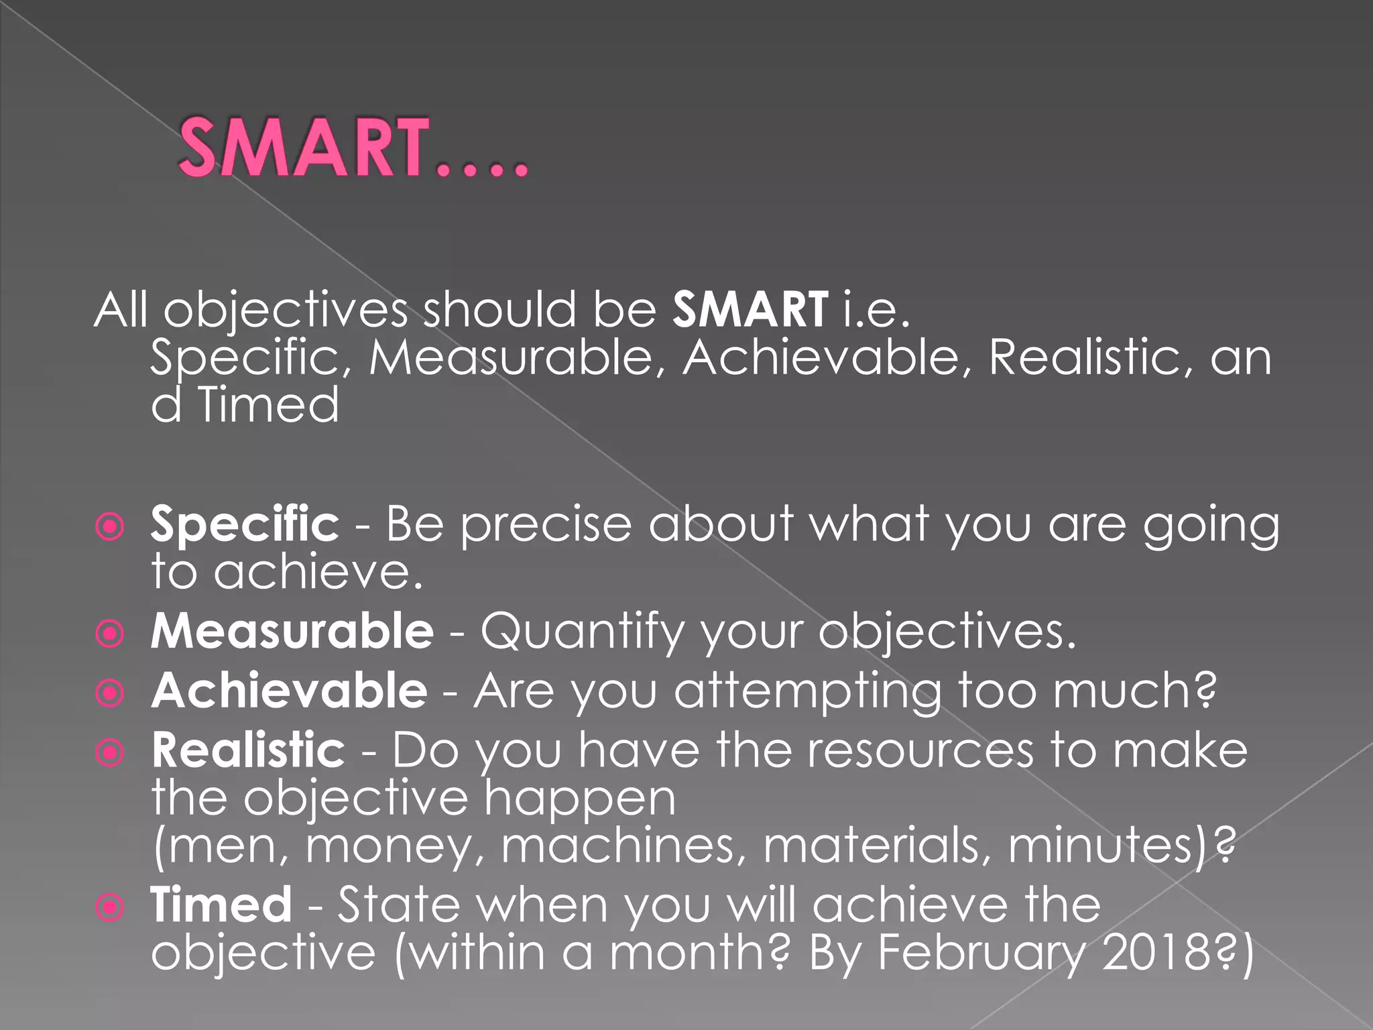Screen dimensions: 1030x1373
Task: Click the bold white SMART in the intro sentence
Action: [x=750, y=310]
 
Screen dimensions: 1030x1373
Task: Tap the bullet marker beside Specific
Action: [x=110, y=527]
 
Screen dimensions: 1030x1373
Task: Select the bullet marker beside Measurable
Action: [x=110, y=634]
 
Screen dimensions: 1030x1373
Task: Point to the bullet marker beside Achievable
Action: [x=110, y=693]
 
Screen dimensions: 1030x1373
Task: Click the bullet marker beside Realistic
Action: [x=110, y=753]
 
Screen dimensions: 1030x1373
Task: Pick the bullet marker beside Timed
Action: [x=110, y=908]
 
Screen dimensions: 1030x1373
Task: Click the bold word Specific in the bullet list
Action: [x=245, y=524]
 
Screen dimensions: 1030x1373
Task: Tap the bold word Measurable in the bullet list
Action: [x=292, y=632]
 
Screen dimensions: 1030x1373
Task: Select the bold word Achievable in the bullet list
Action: [x=290, y=691]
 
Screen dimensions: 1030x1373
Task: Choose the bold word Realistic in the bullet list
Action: [x=248, y=750]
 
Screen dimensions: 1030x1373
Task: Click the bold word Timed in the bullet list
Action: [x=221, y=905]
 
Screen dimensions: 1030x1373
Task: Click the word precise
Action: [x=546, y=524]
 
